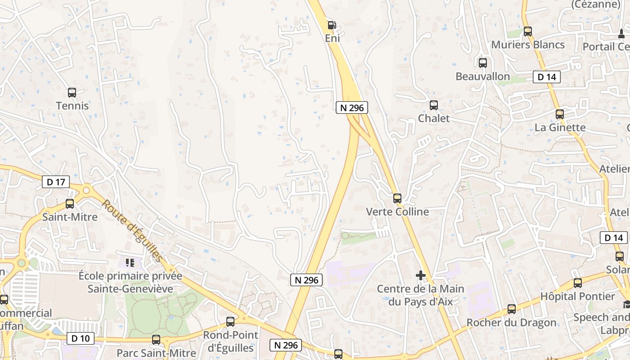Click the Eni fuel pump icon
click(332, 25)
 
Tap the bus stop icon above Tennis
click(72, 93)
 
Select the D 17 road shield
click(56, 182)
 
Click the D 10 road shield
click(81, 337)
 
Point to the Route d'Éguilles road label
click(131, 230)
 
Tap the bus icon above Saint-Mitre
click(70, 203)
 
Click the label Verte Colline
click(397, 211)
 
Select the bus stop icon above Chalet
click(434, 105)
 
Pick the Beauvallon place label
click(482, 76)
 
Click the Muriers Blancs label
click(528, 45)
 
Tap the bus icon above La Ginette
click(560, 114)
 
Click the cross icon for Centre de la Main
click(421, 275)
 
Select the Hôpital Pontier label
click(577, 297)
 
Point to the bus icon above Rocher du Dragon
click(512, 309)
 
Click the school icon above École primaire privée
click(130, 262)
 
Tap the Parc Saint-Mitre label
click(156, 353)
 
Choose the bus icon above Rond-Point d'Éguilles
click(230, 322)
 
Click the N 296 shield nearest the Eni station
click(352, 108)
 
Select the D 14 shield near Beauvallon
click(547, 77)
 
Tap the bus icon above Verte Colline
click(397, 198)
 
